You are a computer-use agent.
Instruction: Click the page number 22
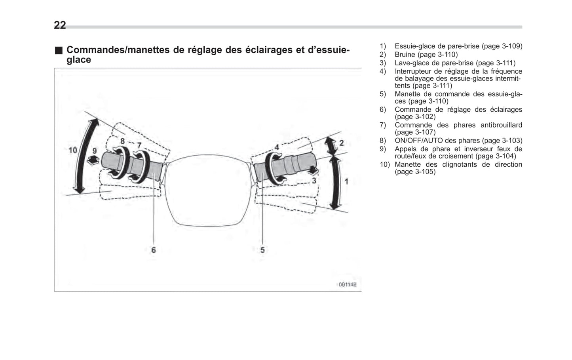tap(60, 25)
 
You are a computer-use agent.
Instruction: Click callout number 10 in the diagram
tap(73, 150)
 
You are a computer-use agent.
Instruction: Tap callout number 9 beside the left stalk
tap(94, 150)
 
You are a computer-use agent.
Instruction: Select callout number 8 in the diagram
tap(122, 141)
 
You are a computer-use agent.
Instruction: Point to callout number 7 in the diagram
tap(139, 145)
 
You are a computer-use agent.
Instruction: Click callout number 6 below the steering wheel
tap(154, 250)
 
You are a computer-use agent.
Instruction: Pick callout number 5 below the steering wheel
tap(262, 250)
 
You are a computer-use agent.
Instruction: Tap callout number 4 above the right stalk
tap(277, 147)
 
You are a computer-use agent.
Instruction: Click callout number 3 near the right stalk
tap(314, 181)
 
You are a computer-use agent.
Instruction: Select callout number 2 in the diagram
tap(341, 143)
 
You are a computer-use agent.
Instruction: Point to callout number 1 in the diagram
tap(346, 181)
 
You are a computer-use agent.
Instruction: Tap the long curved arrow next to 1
tap(337, 182)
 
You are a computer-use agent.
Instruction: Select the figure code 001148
tap(347, 284)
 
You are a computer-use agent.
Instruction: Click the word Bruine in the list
tap(405, 55)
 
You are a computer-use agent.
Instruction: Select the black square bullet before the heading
tap(59, 50)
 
